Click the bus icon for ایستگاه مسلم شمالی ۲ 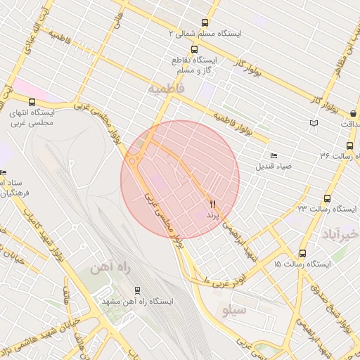point(205,22)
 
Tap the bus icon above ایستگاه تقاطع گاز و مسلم point(194,49)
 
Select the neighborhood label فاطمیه point(166,89)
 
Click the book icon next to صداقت point(314,124)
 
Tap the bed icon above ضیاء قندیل point(274,155)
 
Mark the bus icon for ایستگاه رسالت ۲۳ point(327,198)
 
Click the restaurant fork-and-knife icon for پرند point(212,204)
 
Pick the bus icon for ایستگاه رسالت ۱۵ point(302,253)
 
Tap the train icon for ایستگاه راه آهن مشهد point(136,290)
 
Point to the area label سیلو point(235,309)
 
